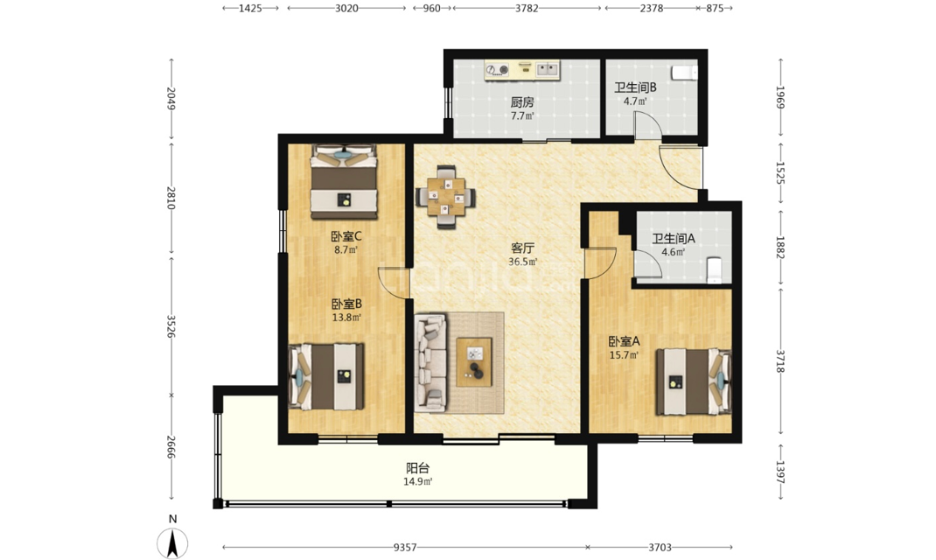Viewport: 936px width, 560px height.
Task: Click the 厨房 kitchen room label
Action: tap(521, 102)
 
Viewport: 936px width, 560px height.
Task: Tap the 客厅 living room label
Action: tap(522, 248)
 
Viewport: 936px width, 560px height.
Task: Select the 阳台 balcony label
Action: tap(418, 468)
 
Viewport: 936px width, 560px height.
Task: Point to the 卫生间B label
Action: tap(635, 87)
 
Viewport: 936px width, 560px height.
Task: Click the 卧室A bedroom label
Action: tap(624, 341)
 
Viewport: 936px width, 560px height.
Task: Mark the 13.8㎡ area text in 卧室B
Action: tap(346, 318)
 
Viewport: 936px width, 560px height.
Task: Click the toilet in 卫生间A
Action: tap(713, 269)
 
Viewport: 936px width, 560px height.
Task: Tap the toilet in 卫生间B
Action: tap(684, 73)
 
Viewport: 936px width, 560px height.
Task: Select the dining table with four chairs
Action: tap(445, 197)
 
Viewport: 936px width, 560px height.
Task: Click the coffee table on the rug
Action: tap(475, 361)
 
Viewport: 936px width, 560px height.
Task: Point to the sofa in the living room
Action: tap(431, 362)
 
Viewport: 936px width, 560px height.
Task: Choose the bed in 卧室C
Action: tap(344, 182)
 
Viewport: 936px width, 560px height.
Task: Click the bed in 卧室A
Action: tap(693, 382)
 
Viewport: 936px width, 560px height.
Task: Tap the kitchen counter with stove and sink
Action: tap(522, 70)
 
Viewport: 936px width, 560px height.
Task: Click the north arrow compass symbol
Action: tap(172, 543)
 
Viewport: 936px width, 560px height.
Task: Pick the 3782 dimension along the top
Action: tap(527, 9)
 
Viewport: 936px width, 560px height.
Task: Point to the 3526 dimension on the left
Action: tap(171, 326)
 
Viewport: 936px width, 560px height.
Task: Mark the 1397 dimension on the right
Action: tap(779, 472)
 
